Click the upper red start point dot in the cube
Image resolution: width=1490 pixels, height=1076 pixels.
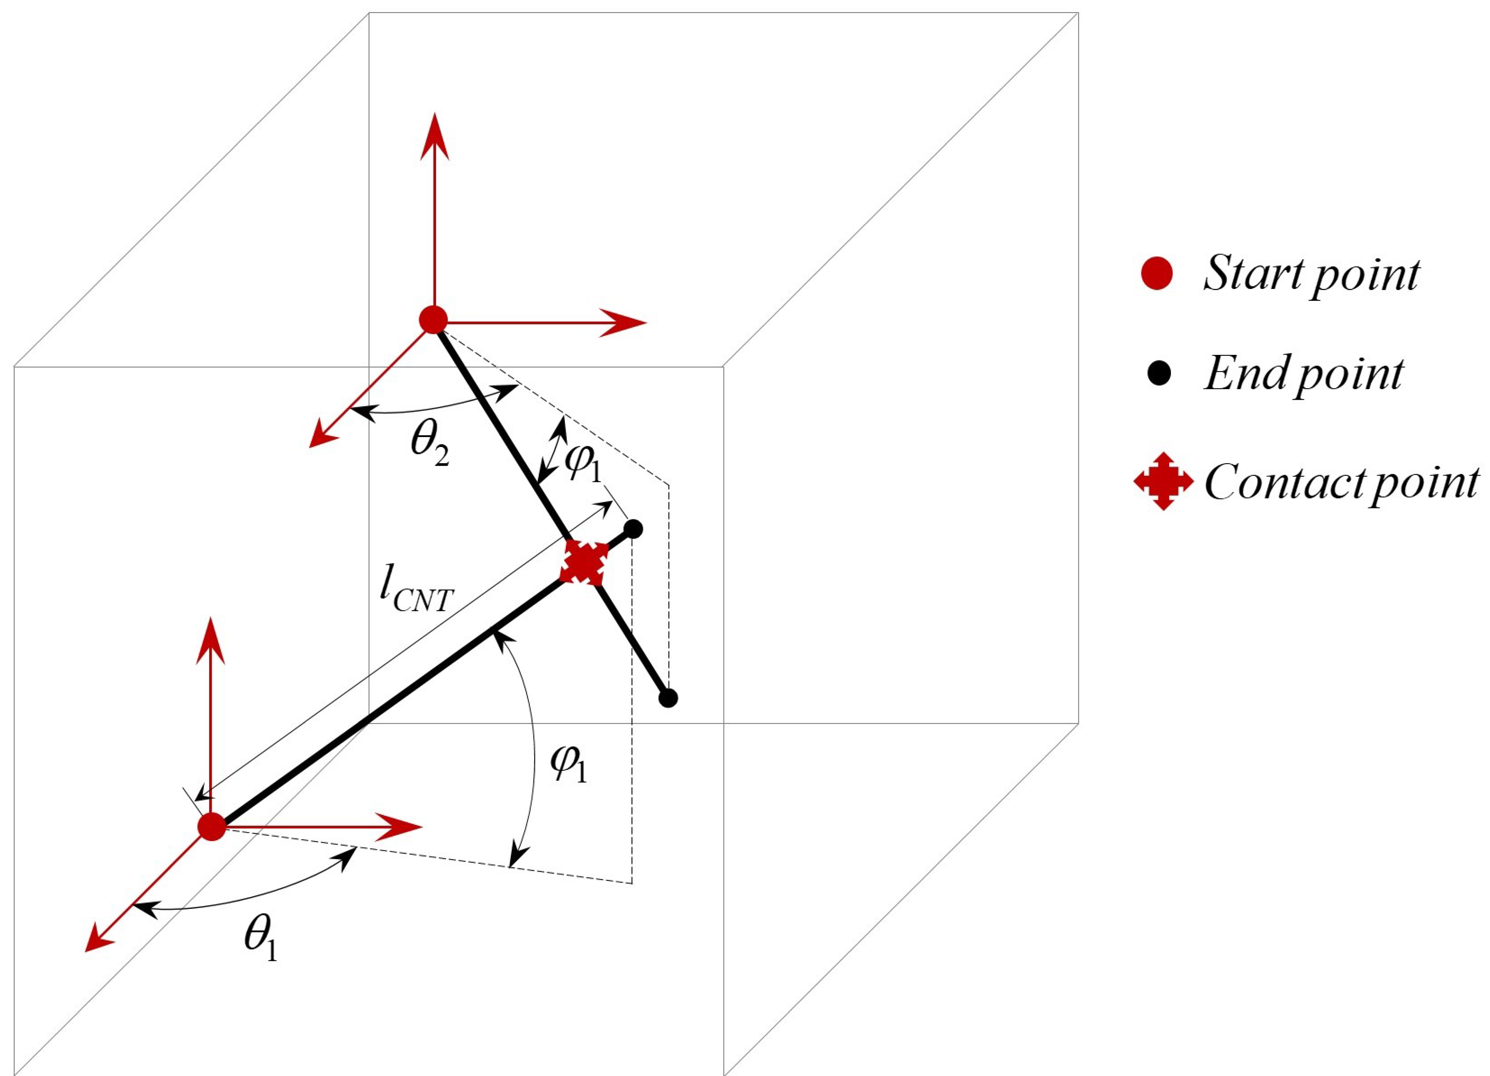coord(433,320)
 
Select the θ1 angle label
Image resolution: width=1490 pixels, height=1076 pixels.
coord(261,940)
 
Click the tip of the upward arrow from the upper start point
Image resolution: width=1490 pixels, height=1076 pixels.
coord(434,115)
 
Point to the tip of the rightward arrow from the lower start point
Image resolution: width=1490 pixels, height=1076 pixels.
coord(420,826)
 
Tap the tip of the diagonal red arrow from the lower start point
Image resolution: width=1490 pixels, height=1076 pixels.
coord(87,950)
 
